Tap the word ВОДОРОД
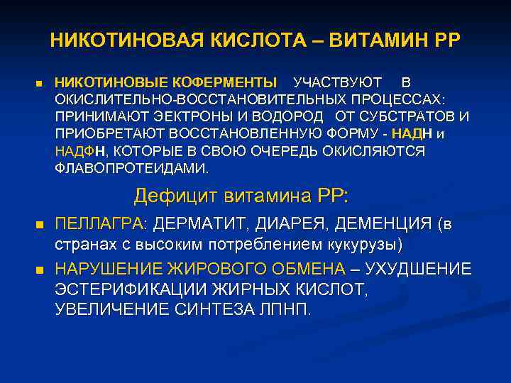point(282,116)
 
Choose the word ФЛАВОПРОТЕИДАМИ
point(132,169)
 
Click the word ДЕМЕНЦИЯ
point(389,225)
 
